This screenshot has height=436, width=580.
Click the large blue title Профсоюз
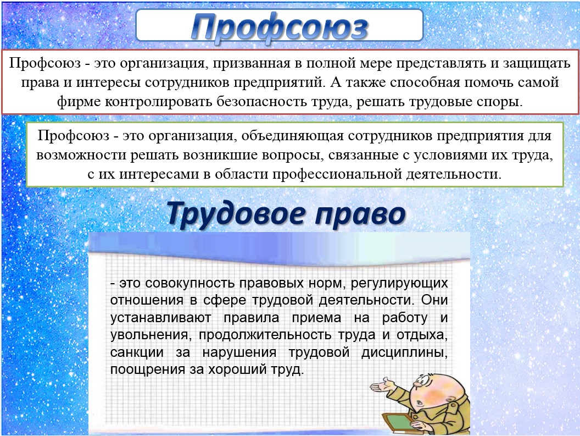tap(280, 27)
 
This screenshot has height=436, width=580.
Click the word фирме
tap(79, 102)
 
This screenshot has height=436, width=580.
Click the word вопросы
tap(293, 156)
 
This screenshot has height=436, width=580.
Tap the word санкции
tap(137, 352)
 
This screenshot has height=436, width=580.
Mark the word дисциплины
tap(405, 352)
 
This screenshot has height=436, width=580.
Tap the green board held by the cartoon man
tap(398, 421)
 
